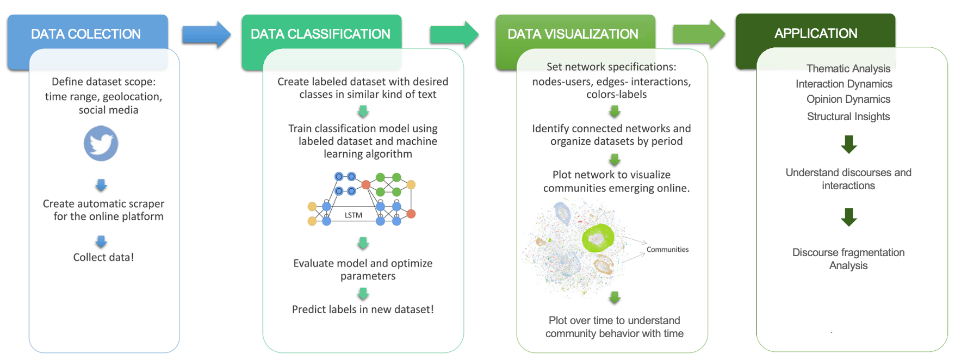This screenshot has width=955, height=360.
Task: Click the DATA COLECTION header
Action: pos(86,34)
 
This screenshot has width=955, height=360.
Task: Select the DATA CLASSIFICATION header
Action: pos(320,34)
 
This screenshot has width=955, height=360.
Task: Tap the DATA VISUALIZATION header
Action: pos(573,34)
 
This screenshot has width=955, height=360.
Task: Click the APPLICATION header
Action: pos(815,33)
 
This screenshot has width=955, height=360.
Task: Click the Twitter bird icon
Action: pos(101,144)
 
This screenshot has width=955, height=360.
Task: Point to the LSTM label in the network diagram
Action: pos(354,215)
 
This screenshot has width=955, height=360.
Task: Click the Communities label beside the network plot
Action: pos(667,250)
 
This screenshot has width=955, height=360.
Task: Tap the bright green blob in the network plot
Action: pos(598,238)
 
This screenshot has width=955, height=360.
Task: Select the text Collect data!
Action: pos(103,257)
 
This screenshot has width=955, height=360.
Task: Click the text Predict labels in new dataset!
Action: pos(363,309)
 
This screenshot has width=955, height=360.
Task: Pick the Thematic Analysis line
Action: pos(848,69)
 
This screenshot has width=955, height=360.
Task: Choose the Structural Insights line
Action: pos(848,116)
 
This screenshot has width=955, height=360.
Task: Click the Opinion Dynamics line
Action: pos(848,99)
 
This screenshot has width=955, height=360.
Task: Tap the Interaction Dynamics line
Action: pos(844,84)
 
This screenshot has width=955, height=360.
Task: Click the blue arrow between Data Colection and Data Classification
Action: pos(206,35)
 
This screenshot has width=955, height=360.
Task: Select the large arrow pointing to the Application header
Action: pos(698,34)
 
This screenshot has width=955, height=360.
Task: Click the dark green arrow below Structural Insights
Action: pos(848,145)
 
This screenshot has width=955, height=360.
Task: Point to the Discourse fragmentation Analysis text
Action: pos(848,259)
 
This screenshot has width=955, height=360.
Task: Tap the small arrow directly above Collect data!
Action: pos(101,241)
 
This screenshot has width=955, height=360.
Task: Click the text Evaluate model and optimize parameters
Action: pos(363,270)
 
